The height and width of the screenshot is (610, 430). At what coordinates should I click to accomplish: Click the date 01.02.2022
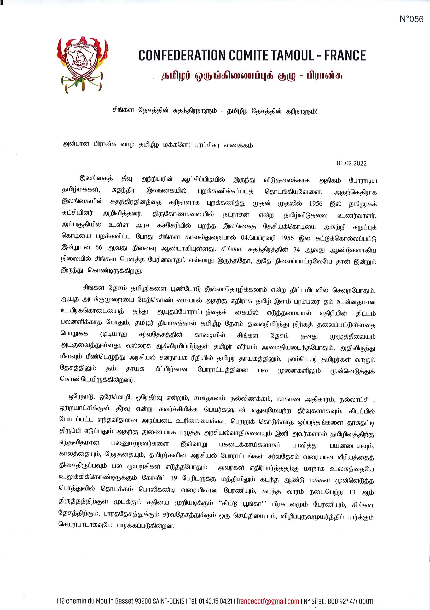[x=352, y=163]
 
